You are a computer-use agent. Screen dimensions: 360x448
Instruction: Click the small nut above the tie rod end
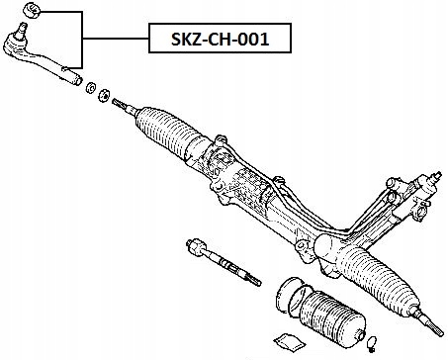[29, 11]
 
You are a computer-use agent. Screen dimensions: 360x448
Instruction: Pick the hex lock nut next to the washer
[102, 95]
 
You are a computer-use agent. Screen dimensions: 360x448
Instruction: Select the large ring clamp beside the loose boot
[288, 296]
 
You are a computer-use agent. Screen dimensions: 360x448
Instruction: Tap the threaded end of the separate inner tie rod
[251, 277]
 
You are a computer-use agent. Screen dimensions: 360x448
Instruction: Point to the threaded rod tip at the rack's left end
[119, 102]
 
